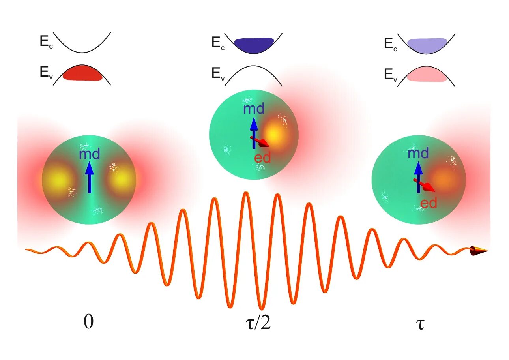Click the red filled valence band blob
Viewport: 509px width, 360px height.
(x=82, y=74)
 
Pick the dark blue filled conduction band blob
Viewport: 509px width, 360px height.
(x=254, y=45)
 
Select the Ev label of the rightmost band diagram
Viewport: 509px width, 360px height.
(x=391, y=75)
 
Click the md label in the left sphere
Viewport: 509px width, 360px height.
(x=89, y=154)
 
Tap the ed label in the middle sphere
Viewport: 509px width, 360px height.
(x=262, y=157)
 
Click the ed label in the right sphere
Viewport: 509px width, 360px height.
(x=429, y=203)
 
